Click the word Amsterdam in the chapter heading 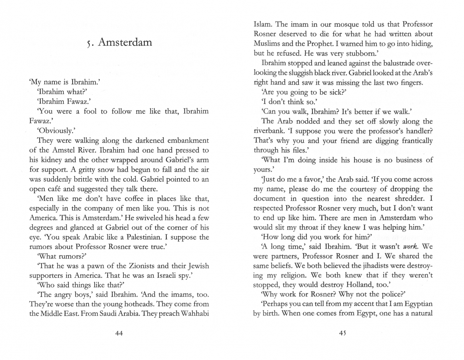[x=125, y=42]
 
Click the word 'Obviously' [x=53, y=131]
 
